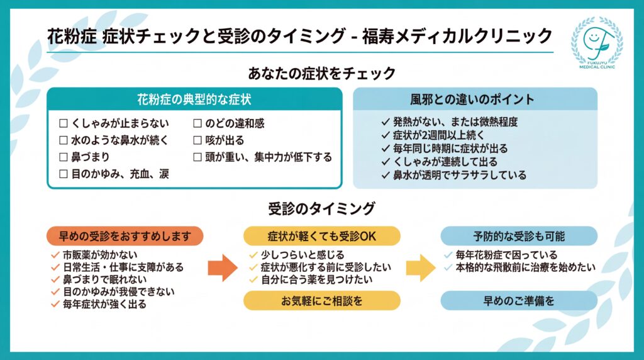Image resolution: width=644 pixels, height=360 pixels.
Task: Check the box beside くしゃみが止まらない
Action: point(63,123)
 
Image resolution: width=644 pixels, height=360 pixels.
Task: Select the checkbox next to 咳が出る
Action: point(197,140)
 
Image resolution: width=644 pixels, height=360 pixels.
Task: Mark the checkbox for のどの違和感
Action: point(197,123)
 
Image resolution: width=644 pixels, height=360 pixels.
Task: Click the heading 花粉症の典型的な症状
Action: point(194,99)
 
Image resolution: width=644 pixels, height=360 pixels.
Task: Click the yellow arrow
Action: point(421,267)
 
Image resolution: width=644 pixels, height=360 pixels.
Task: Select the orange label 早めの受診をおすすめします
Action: point(125,236)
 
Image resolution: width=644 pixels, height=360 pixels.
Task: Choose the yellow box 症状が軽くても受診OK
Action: point(322,236)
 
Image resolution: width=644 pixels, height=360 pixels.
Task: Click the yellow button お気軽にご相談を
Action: point(322,301)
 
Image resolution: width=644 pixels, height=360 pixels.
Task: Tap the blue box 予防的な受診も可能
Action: point(519,236)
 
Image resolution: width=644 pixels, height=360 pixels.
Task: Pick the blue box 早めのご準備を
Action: point(519,301)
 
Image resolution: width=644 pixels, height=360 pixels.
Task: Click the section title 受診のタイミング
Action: point(321,208)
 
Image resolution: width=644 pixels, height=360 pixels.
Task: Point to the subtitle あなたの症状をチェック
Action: point(322,73)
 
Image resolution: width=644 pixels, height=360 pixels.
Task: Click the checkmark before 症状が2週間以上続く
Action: point(386,135)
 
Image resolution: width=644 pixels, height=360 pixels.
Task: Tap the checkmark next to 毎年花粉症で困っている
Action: point(447,256)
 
